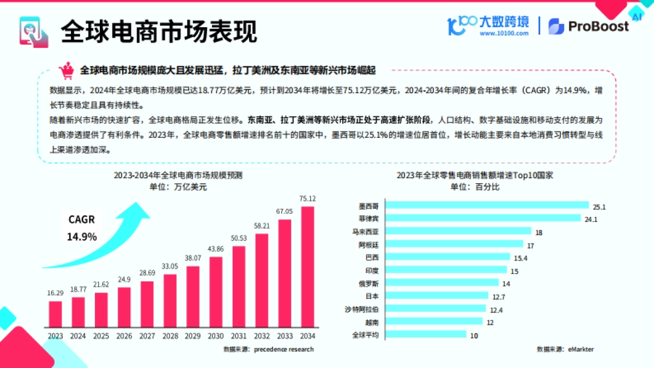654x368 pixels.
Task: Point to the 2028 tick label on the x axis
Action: click(170, 336)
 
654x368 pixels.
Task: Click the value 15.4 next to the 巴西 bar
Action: click(522, 257)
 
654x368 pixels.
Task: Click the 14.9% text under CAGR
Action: click(82, 237)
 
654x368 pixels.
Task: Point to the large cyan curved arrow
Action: click(98, 240)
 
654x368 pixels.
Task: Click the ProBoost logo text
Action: click(598, 26)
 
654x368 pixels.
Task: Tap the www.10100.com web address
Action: click(504, 33)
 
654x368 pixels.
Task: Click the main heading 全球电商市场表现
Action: click(158, 31)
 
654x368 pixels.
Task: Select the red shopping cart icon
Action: click(67, 70)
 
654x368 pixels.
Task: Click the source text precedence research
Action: click(283, 349)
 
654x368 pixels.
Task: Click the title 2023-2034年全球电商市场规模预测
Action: click(178, 176)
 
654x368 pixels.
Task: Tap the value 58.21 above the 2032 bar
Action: click(262, 226)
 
